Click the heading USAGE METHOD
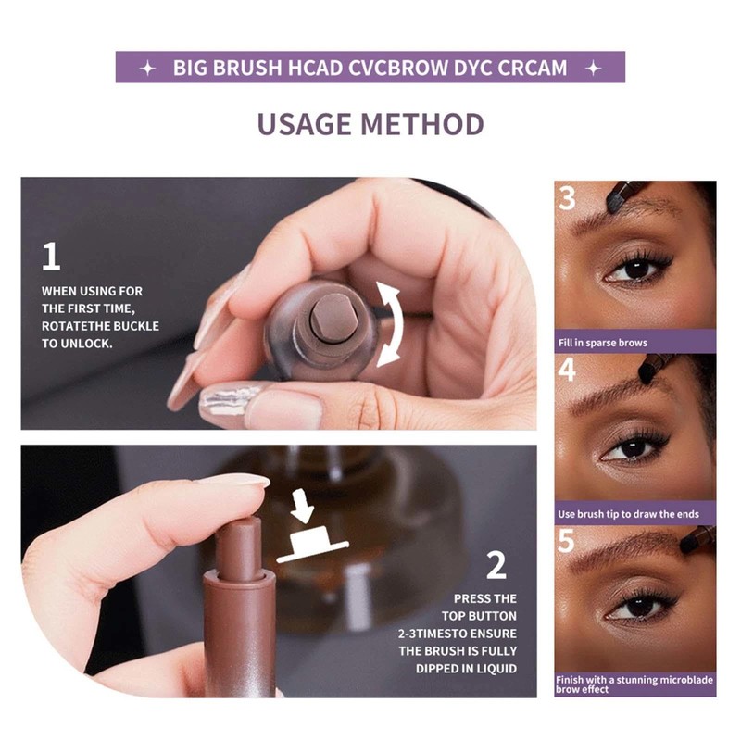(x=370, y=123)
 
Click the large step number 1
(x=53, y=257)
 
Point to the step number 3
(x=568, y=198)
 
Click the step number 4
(x=568, y=370)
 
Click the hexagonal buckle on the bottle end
(x=325, y=317)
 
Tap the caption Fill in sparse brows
(x=602, y=343)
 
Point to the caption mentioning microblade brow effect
(x=634, y=684)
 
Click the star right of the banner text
(x=595, y=69)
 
